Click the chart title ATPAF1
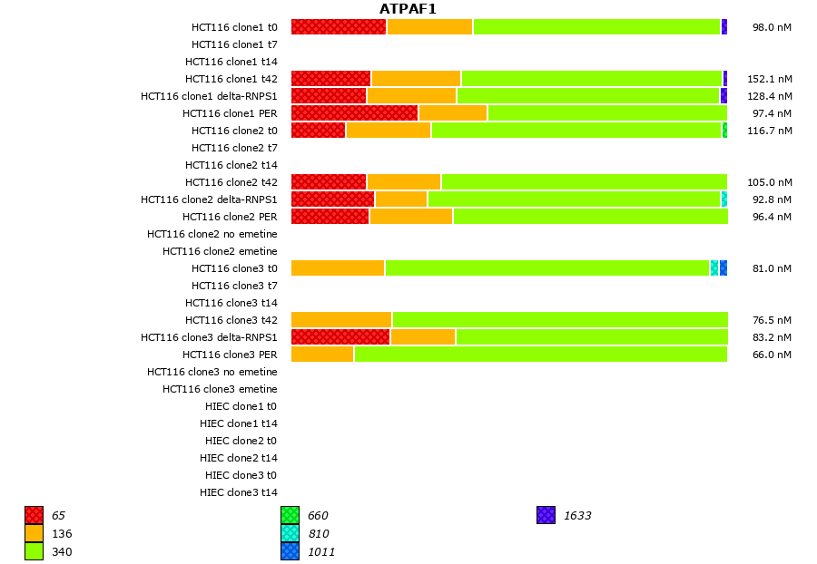pyautogui.click(x=408, y=9)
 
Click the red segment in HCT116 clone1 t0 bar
pyautogui.click(x=339, y=27)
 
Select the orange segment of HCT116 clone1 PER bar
pyautogui.click(x=452, y=113)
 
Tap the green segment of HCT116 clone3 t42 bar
pyautogui.click(x=559, y=320)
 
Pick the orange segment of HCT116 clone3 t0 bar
pyautogui.click(x=338, y=268)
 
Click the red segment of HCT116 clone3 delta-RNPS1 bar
pyautogui.click(x=340, y=337)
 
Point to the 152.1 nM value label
pyautogui.click(x=769, y=79)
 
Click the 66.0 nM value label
pyautogui.click(x=772, y=355)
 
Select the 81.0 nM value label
pyautogui.click(x=772, y=268)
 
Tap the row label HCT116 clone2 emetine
pyautogui.click(x=220, y=251)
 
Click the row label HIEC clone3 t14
pyautogui.click(x=238, y=492)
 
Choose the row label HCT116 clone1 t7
pyautogui.click(x=234, y=44)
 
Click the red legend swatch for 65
pyautogui.click(x=34, y=515)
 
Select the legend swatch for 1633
pyautogui.click(x=546, y=515)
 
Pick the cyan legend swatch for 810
pyautogui.click(x=290, y=533)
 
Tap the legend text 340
pyautogui.click(x=62, y=551)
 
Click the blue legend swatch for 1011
pyautogui.click(x=290, y=551)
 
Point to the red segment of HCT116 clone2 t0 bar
pyautogui.click(x=318, y=131)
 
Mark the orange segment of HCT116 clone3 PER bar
pyautogui.click(x=322, y=355)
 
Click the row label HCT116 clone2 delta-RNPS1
pyautogui.click(x=209, y=199)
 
